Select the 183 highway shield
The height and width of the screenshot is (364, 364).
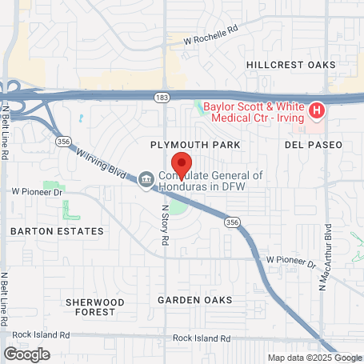click(162, 95)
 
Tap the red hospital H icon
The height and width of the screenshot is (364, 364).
click(316, 110)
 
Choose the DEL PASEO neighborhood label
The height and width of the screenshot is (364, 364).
click(313, 145)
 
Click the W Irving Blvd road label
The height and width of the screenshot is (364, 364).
click(102, 161)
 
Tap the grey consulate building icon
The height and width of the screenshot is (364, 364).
click(146, 178)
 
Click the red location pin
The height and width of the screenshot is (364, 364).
click(181, 164)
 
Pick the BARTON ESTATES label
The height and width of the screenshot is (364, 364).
click(57, 231)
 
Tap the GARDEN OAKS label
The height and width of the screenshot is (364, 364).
click(194, 300)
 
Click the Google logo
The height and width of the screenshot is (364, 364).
click(26, 354)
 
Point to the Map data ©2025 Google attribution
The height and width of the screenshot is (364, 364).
click(314, 358)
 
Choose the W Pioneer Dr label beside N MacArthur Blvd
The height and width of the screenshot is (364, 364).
click(291, 261)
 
